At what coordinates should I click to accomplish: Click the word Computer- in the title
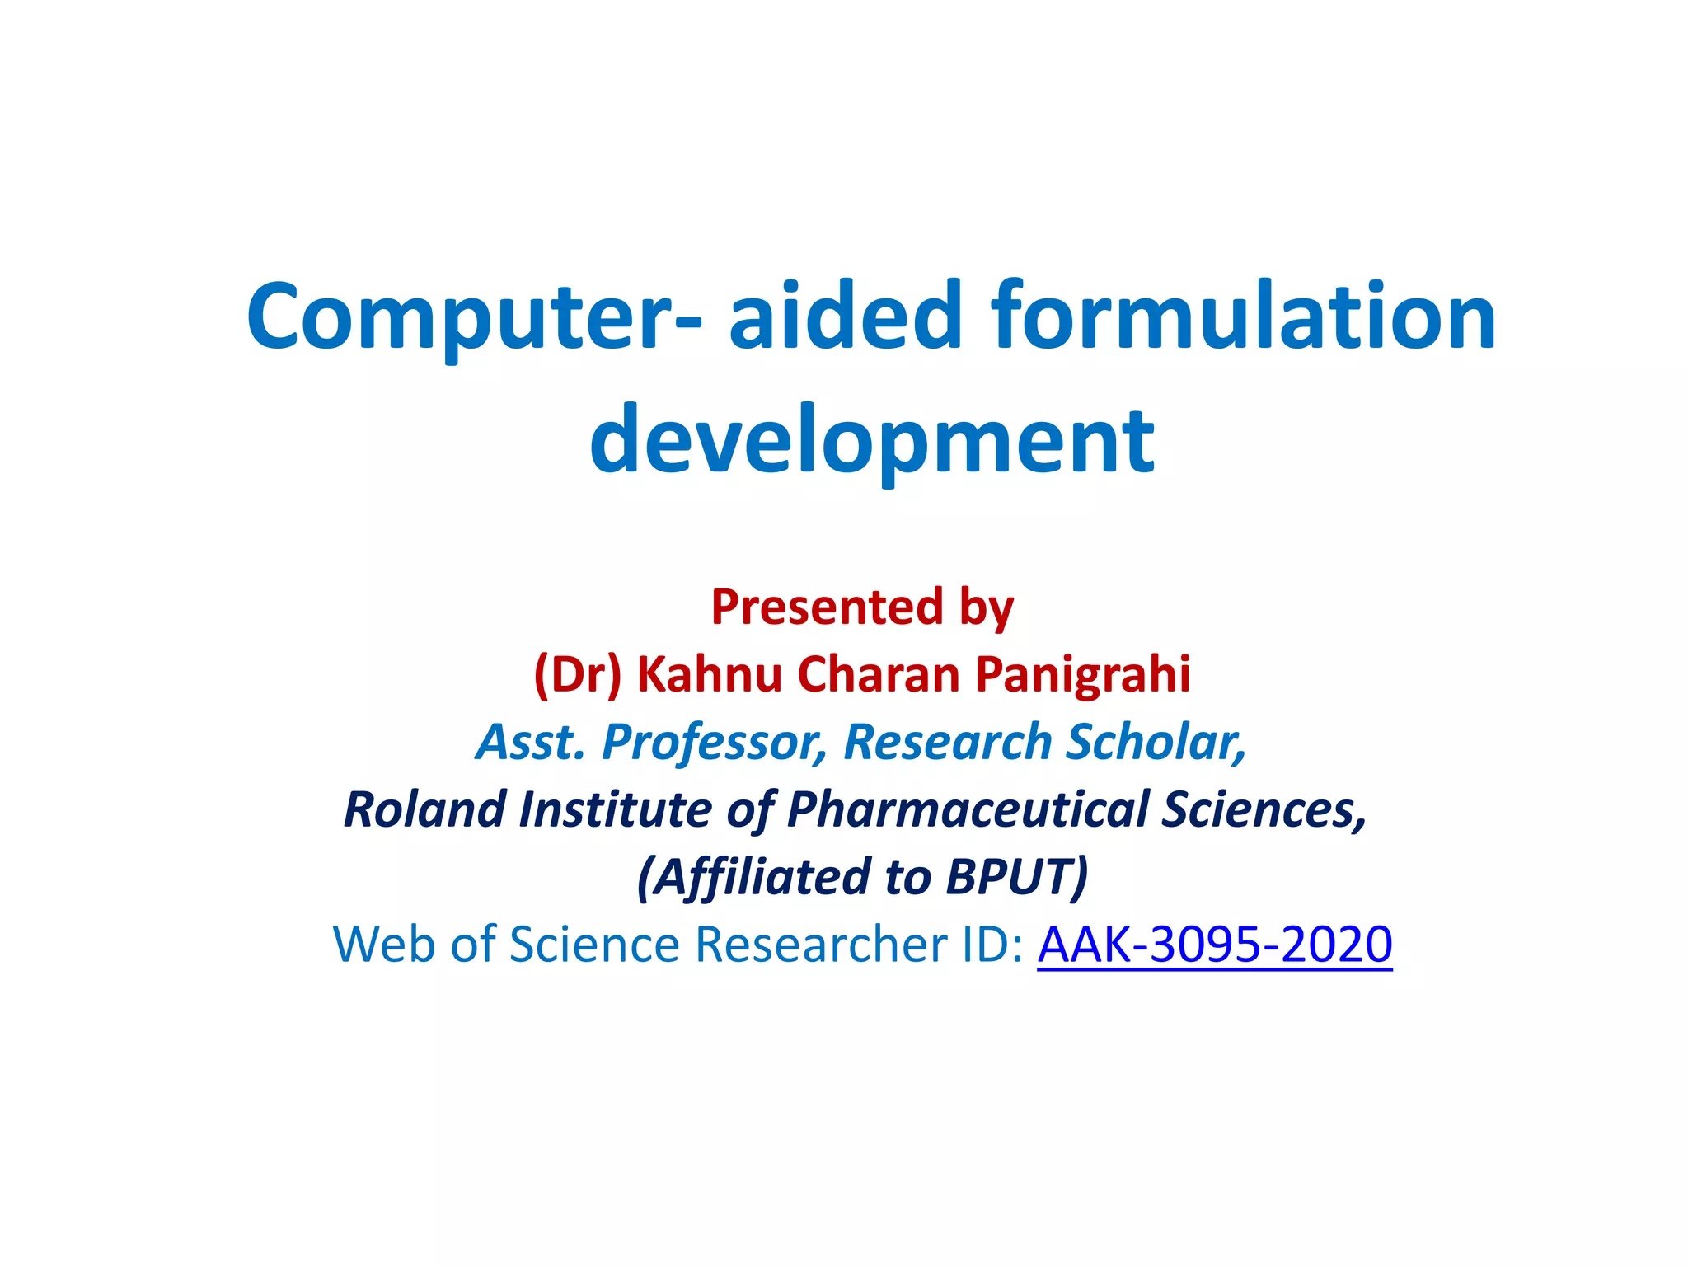[475, 317]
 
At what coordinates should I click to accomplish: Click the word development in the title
[872, 441]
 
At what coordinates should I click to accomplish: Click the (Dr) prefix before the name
[577, 674]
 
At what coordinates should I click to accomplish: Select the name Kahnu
[709, 674]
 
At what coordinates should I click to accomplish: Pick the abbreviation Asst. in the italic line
[532, 742]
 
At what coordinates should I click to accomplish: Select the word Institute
[615, 809]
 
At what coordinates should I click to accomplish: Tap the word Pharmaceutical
[968, 809]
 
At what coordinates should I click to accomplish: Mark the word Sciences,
[1264, 809]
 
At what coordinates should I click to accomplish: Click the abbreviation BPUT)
[1017, 877]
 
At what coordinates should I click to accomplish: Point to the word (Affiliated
[753, 877]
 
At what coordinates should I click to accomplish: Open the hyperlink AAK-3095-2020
[1214, 945]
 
